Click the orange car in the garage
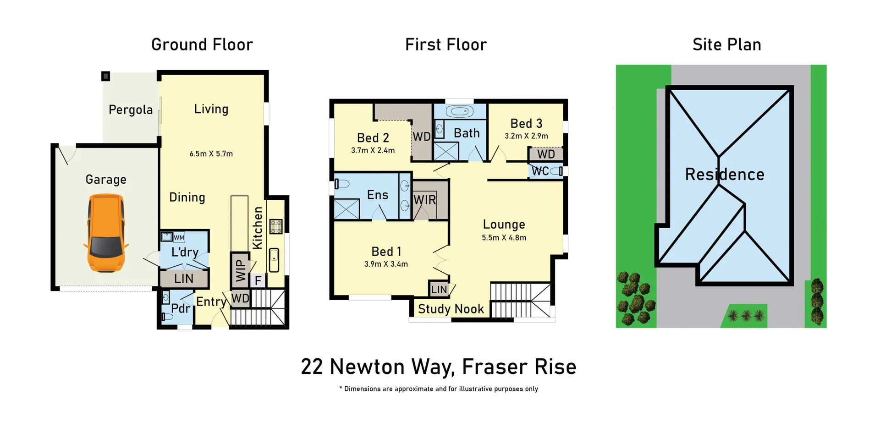[106, 233]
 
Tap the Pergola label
[131, 110]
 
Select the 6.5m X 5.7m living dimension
[211, 154]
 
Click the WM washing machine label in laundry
[179, 237]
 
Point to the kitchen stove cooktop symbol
[275, 226]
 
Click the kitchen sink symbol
[274, 260]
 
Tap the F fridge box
[258, 280]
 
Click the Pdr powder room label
[180, 308]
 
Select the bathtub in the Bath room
[460, 111]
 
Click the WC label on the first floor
[540, 171]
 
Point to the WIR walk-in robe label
[424, 200]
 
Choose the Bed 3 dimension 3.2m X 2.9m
[526, 136]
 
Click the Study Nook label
[451, 309]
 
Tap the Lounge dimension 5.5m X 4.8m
[504, 238]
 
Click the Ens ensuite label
[377, 195]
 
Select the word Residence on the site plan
[724, 175]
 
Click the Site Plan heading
[726, 45]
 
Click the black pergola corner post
[105, 76]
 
